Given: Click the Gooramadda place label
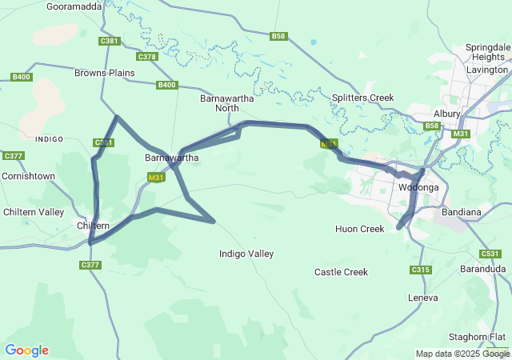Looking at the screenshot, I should click(74, 6).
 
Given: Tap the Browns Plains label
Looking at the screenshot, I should click(105, 73).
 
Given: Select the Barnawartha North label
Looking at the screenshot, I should click(219, 102).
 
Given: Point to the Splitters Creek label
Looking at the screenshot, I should click(363, 98).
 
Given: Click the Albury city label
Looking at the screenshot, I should click(447, 114).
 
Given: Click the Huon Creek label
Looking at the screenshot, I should click(360, 229).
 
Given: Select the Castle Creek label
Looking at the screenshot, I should click(341, 272).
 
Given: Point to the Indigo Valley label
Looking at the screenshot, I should click(246, 254).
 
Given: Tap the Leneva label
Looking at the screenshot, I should click(423, 298).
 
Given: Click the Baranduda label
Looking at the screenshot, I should click(482, 270).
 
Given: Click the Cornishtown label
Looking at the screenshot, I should click(28, 175).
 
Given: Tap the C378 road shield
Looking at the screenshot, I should click(147, 57).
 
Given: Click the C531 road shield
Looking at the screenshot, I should click(490, 254).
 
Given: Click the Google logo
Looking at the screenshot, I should click(26, 350).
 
